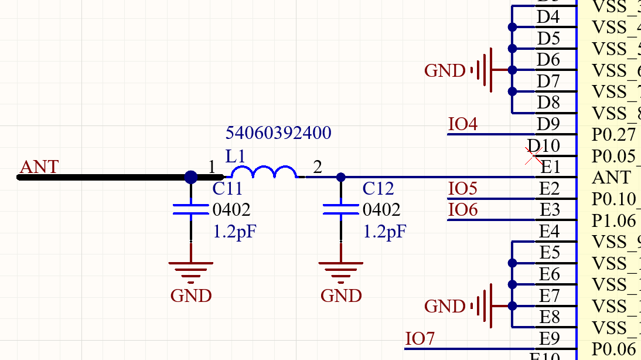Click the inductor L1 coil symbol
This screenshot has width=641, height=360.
click(264, 172)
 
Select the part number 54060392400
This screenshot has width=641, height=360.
click(278, 133)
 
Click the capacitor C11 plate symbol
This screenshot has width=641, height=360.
click(191, 210)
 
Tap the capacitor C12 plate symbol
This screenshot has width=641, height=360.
click(341, 210)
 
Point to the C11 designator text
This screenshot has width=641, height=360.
click(227, 189)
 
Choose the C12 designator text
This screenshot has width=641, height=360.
click(378, 189)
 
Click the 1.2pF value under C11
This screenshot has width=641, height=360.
click(234, 232)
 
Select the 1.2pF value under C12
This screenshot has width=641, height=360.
click(384, 232)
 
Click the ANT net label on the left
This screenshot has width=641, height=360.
click(39, 167)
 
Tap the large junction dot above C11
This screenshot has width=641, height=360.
click(191, 176)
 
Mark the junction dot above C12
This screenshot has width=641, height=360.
click(341, 176)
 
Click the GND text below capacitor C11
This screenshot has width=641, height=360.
click(191, 296)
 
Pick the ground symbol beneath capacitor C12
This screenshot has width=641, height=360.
click(341, 270)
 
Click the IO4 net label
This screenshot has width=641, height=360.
click(463, 124)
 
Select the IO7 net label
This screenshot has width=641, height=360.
click(420, 339)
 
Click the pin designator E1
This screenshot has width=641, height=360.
click(550, 168)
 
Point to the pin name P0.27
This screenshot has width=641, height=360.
click(613, 135)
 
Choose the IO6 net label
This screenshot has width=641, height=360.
click(463, 210)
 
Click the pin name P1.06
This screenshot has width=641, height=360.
click(613, 220)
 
